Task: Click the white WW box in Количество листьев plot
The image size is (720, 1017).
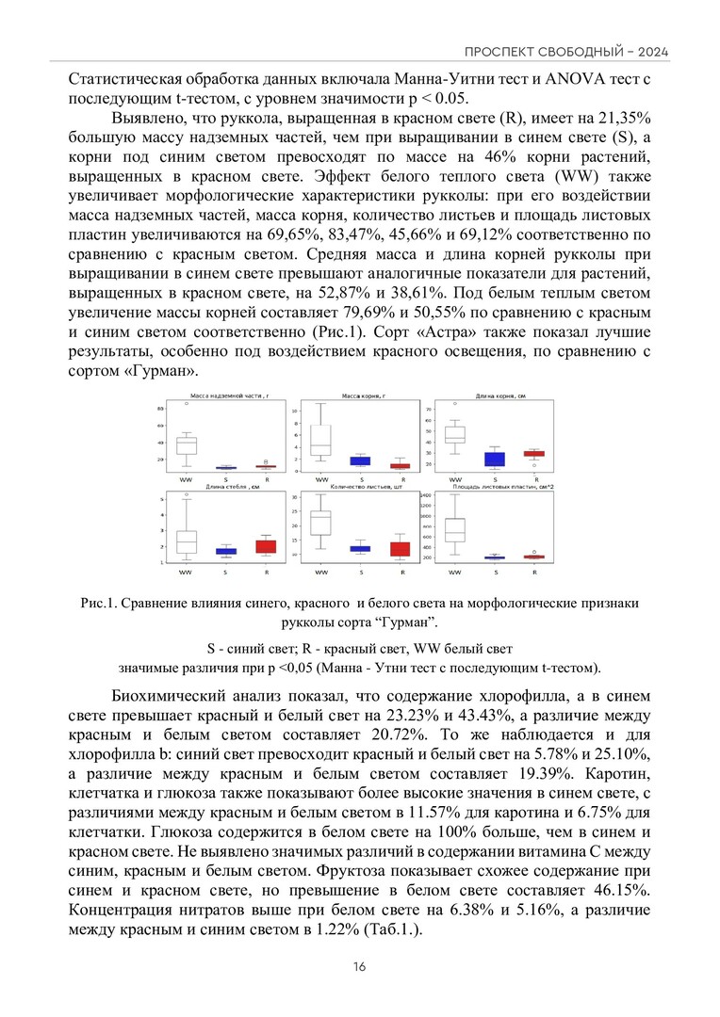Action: point(320,523)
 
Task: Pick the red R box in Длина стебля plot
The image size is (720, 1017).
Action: point(267,546)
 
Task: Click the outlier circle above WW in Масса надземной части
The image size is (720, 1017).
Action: point(186,403)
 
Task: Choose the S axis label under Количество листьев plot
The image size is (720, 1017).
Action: point(361,571)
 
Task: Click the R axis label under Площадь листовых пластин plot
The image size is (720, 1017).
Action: point(535,571)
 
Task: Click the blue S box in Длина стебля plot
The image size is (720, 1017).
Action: point(226,550)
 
